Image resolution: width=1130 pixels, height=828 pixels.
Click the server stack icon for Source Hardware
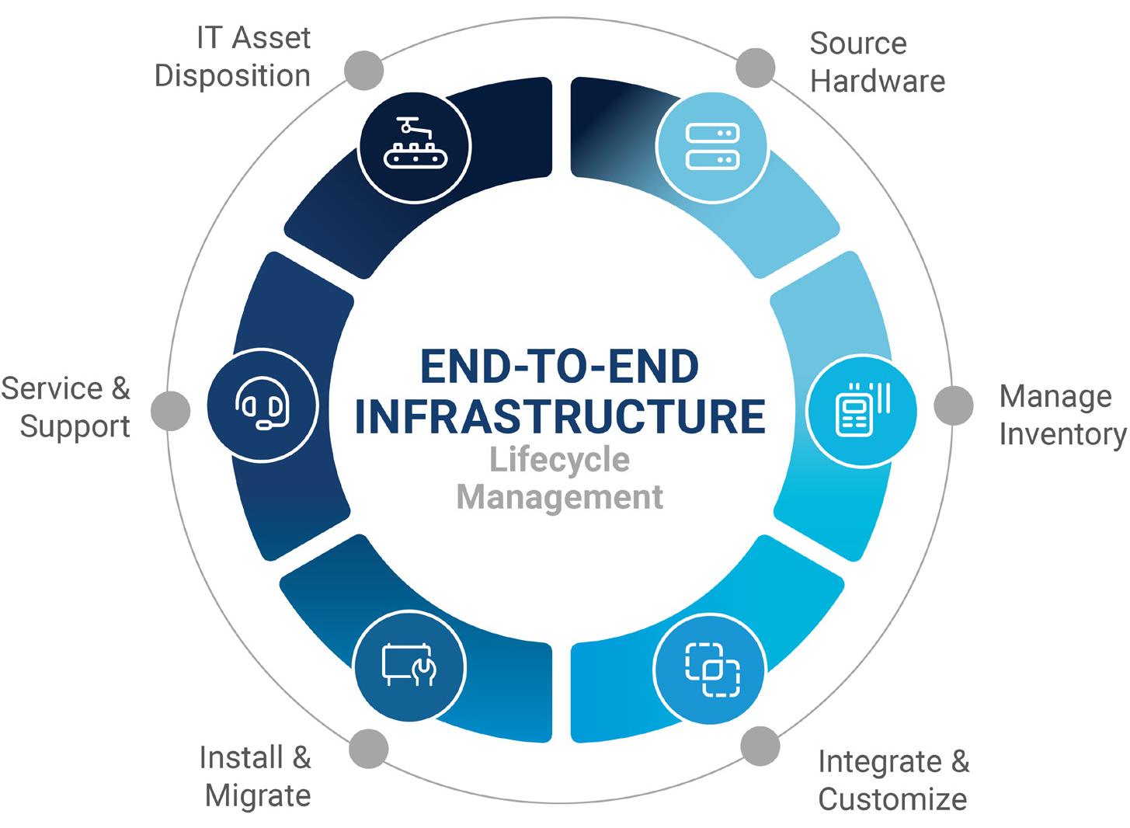pyautogui.click(x=712, y=146)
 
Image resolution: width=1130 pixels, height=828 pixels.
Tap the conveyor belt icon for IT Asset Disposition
pyautogui.click(x=415, y=143)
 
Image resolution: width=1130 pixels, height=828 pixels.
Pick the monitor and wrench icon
pyautogui.click(x=409, y=665)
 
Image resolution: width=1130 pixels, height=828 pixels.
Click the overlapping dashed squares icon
pyautogui.click(x=712, y=670)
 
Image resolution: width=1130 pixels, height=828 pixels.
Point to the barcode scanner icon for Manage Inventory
pyautogui.click(x=863, y=409)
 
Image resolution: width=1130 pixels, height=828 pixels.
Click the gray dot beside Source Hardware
pyautogui.click(x=755, y=68)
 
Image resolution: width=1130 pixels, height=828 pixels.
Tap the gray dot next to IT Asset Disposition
pyautogui.click(x=363, y=70)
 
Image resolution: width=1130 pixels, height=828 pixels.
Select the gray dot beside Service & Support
pyautogui.click(x=171, y=411)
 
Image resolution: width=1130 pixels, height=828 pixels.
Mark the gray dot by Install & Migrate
pyautogui.click(x=369, y=749)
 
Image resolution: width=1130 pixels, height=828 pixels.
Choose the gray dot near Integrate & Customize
pyautogui.click(x=760, y=746)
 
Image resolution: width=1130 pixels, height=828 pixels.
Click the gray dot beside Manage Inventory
pyautogui.click(x=954, y=405)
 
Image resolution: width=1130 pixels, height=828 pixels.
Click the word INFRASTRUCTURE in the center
pyautogui.click(x=560, y=416)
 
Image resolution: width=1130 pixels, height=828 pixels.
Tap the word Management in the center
pyautogui.click(x=559, y=498)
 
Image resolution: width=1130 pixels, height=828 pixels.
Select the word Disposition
pyautogui.click(x=232, y=77)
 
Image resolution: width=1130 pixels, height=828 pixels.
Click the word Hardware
pyautogui.click(x=878, y=82)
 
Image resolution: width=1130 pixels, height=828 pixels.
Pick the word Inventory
pyautogui.click(x=1063, y=434)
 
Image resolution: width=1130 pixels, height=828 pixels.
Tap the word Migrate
pyautogui.click(x=258, y=796)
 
